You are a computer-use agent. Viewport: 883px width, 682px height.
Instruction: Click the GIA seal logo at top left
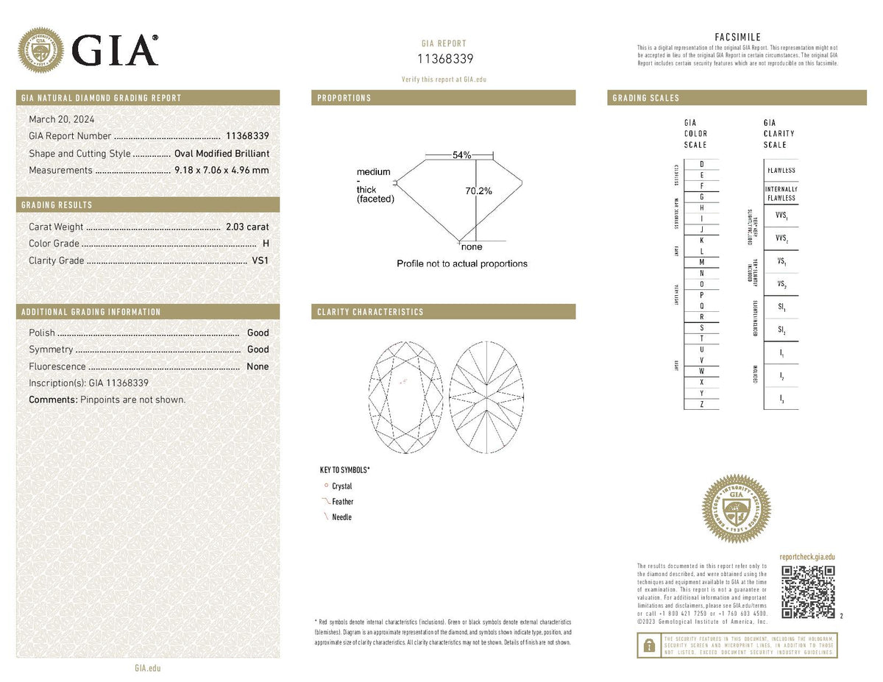pos(40,51)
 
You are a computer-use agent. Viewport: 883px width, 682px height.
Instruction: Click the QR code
pos(807,592)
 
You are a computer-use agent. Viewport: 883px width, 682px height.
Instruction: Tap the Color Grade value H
pos(265,244)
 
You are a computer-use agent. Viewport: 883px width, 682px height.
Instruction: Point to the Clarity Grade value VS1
pos(260,260)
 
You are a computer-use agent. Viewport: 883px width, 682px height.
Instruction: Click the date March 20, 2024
pos(62,119)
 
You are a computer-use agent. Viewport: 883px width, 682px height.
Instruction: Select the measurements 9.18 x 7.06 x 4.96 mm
pos(221,171)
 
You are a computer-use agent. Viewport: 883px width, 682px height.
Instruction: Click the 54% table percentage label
pos(461,155)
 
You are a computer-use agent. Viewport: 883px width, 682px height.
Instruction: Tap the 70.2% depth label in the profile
pos(478,191)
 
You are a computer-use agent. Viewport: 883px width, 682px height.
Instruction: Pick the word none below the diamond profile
pos(472,247)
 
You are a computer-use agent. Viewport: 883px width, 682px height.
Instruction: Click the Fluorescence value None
pos(258,366)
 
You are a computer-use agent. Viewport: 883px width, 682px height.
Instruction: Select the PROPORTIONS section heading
pos(344,98)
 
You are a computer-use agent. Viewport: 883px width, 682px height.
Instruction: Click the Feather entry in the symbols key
pos(342,502)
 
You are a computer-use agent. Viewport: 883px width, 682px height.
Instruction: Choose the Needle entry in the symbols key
pos(341,517)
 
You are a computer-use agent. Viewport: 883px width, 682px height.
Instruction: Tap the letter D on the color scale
pos(702,163)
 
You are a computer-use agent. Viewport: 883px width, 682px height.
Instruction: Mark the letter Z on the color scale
pos(702,404)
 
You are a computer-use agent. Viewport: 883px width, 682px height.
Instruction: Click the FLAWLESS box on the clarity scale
pos(781,171)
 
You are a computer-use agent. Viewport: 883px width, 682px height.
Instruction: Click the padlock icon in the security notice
pos(648,645)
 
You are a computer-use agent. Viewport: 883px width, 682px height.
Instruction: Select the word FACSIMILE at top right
pos(737,38)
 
